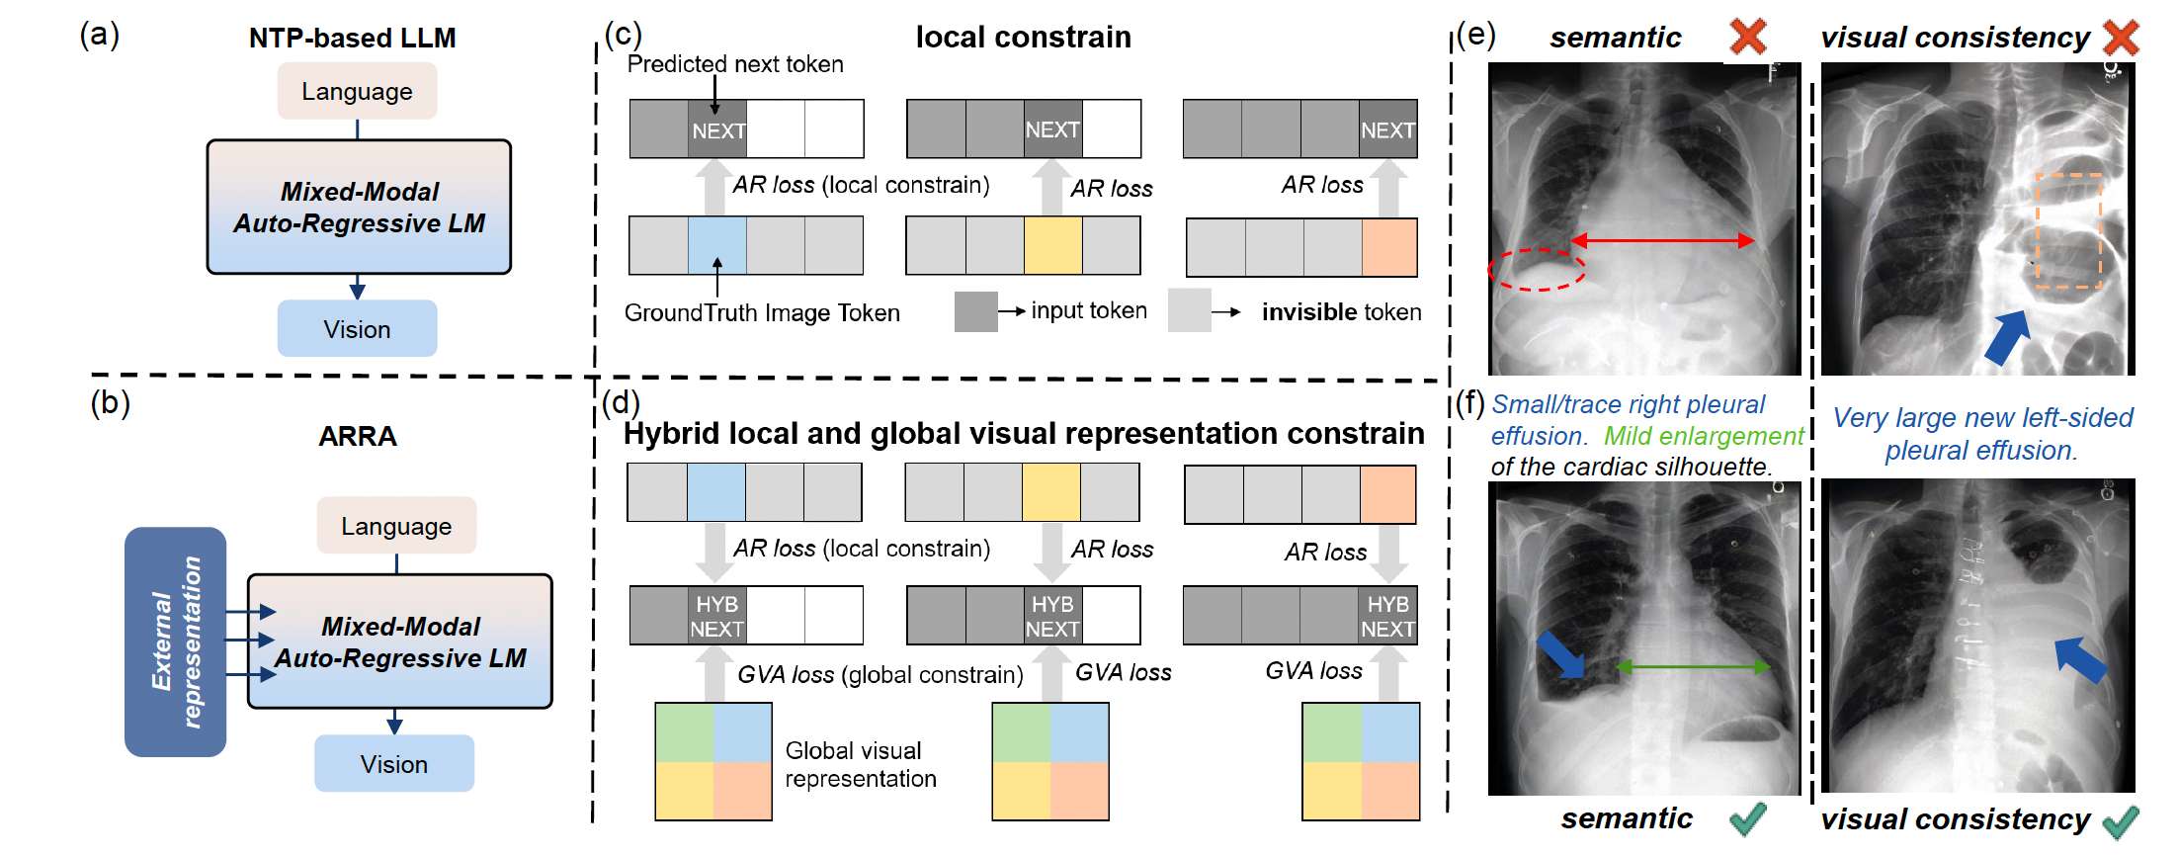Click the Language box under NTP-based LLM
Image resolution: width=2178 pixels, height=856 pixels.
[x=357, y=91]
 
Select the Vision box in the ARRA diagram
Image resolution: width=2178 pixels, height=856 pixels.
[x=393, y=763]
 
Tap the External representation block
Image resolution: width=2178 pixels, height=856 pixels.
[x=176, y=642]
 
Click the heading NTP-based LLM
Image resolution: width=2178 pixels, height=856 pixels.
[x=352, y=38]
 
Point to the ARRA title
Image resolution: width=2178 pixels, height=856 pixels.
[x=357, y=436]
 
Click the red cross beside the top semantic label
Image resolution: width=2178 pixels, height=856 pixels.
[x=1748, y=37]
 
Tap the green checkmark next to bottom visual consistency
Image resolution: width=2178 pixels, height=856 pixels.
[x=2120, y=820]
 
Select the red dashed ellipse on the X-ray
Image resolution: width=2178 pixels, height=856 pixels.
[x=1537, y=268]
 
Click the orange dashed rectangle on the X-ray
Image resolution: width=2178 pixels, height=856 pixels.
[x=2068, y=231]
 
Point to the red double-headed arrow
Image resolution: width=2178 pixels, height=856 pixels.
[x=1662, y=240]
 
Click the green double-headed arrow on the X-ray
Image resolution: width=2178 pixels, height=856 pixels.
[x=1693, y=667]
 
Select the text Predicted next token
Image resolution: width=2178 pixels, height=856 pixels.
[x=735, y=64]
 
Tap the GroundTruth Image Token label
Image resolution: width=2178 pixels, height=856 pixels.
[x=762, y=313]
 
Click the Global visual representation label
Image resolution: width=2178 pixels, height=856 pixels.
[x=860, y=764]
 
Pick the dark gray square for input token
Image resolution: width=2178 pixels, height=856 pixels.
[x=975, y=311]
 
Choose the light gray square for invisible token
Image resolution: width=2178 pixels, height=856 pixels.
[x=1189, y=310]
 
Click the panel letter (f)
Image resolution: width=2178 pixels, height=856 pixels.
[x=1470, y=403]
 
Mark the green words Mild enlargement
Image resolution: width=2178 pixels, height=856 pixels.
[x=1704, y=436]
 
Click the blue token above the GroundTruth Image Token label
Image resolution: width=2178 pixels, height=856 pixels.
[x=716, y=246]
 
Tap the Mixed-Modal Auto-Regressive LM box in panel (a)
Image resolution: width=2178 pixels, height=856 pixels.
[x=359, y=207]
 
